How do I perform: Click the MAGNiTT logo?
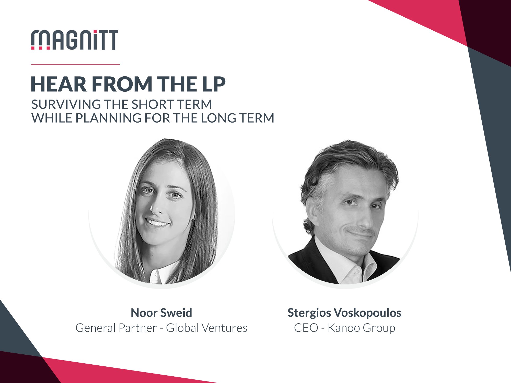75,40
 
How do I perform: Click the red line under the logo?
75,64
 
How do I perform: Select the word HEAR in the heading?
59,84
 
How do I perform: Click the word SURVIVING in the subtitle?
66,104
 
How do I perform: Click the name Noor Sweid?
161,313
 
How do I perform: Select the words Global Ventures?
207,328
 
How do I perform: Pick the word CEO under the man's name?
306,328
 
